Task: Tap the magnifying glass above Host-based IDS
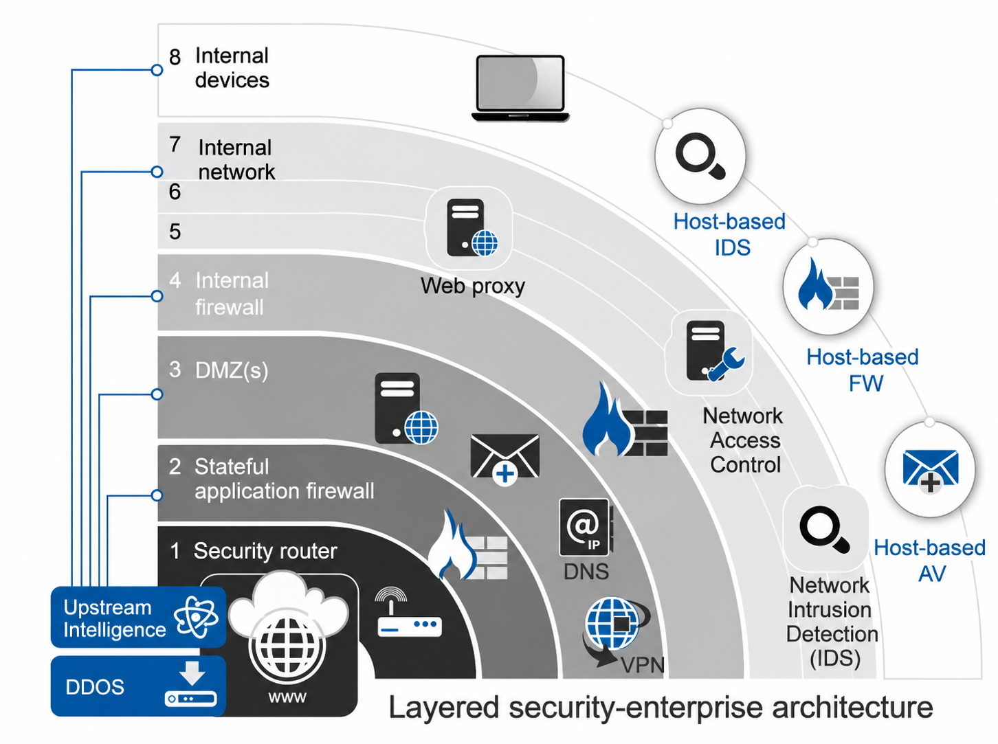coord(700,156)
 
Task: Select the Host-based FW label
coord(863,370)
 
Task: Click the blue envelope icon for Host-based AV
coord(930,471)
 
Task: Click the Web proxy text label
coord(473,286)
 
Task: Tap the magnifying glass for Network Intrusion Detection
coord(824,530)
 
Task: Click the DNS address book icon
coord(586,527)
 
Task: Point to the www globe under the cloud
coord(287,647)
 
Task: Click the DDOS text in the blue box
coord(95,687)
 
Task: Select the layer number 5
coord(175,232)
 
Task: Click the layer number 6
coord(175,192)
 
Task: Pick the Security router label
coord(265,551)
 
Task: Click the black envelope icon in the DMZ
coord(505,459)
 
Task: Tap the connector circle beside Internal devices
coord(157,70)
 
